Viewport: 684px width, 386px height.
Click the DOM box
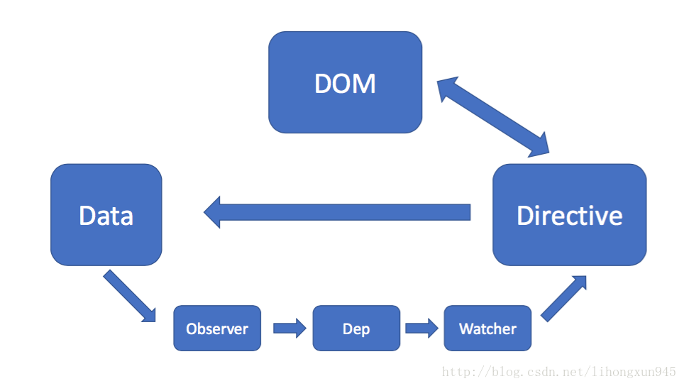pos(345,82)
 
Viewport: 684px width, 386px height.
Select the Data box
pos(106,214)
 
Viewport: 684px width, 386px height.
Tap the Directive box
pos(569,214)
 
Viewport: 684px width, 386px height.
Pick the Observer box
pos(217,328)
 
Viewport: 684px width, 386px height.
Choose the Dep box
pos(356,328)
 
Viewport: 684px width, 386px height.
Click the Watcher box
pos(487,328)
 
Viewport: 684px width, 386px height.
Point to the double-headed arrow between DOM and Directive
pos(493,116)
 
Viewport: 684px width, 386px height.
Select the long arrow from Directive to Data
pos(337,212)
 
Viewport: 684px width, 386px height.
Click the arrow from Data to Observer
pos(129,296)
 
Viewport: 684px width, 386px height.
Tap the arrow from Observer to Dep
pos(289,328)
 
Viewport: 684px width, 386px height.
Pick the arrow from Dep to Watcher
pos(422,328)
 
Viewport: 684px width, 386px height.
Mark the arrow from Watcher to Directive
pos(563,299)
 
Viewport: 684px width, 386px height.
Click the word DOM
pos(345,83)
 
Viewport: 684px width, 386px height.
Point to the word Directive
pos(569,216)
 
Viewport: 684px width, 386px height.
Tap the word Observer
pos(217,329)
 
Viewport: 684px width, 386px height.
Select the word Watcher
pos(487,329)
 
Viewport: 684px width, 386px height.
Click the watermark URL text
pos(559,372)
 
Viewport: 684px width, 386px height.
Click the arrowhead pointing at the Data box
pos(212,212)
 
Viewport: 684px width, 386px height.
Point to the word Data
pos(106,216)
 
